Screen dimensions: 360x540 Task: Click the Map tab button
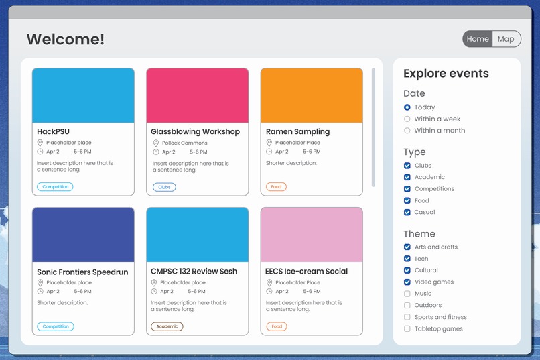506,39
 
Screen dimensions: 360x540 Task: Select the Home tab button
478,39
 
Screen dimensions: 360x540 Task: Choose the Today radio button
407,107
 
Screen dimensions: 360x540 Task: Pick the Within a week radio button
407,119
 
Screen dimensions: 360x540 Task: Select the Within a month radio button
407,131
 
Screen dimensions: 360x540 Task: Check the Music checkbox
407,294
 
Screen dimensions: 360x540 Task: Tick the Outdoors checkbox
407,306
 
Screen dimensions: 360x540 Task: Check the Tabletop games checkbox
407,329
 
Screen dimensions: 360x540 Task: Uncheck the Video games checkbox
407,282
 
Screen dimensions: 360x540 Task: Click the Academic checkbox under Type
407,177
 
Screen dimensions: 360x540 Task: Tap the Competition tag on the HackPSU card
56,187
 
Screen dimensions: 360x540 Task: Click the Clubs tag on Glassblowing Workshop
164,187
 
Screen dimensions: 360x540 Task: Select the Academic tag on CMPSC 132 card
167,326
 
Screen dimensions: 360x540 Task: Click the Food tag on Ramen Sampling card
276,187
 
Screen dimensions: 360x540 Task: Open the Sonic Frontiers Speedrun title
82,272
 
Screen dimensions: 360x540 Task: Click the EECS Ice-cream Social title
307,272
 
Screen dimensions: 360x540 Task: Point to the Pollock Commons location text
185,143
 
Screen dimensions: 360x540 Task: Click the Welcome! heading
66,39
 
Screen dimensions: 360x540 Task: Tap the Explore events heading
446,74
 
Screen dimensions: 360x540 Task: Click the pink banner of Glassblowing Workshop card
197,95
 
